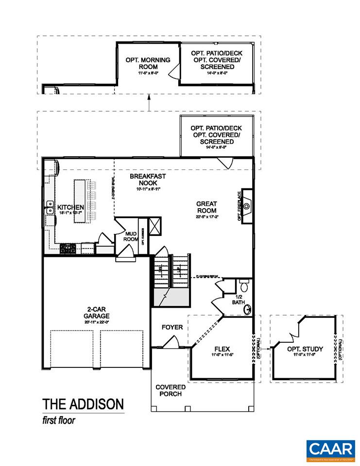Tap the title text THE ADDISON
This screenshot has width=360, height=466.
[x=83, y=404]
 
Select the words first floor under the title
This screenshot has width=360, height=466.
[x=59, y=420]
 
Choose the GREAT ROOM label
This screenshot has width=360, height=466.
[x=206, y=207]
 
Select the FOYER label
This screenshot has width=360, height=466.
[x=172, y=328]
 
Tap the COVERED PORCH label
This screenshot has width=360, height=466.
[x=170, y=390]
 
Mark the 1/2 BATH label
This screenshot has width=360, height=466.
[x=239, y=300]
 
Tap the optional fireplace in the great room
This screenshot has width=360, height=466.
[x=247, y=206]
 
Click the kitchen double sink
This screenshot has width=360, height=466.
[x=50, y=208]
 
